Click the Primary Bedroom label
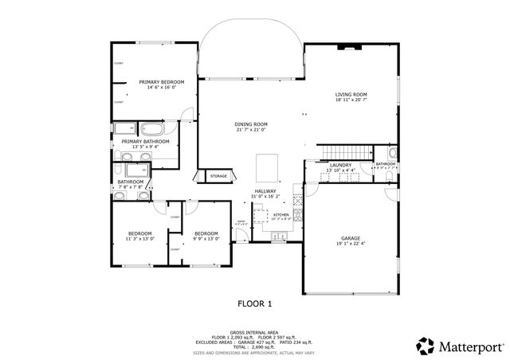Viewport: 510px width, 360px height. [x=162, y=82]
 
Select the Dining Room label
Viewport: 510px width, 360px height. [x=251, y=124]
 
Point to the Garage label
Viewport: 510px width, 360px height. [x=350, y=238]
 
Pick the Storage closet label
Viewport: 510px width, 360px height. [x=218, y=176]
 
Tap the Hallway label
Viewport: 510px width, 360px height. [x=265, y=191]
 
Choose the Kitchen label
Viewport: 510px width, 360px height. [x=280, y=215]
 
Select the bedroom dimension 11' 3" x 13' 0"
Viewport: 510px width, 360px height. [x=140, y=238]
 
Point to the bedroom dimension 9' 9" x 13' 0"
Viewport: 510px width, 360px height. [x=206, y=238]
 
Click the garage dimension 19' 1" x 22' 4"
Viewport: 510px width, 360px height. [x=350, y=244]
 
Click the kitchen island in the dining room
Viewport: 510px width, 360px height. [x=265, y=168]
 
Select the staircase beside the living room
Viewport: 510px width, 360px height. [x=335, y=152]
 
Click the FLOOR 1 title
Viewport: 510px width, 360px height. [x=256, y=303]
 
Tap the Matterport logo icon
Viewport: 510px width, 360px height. [x=424, y=346]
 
